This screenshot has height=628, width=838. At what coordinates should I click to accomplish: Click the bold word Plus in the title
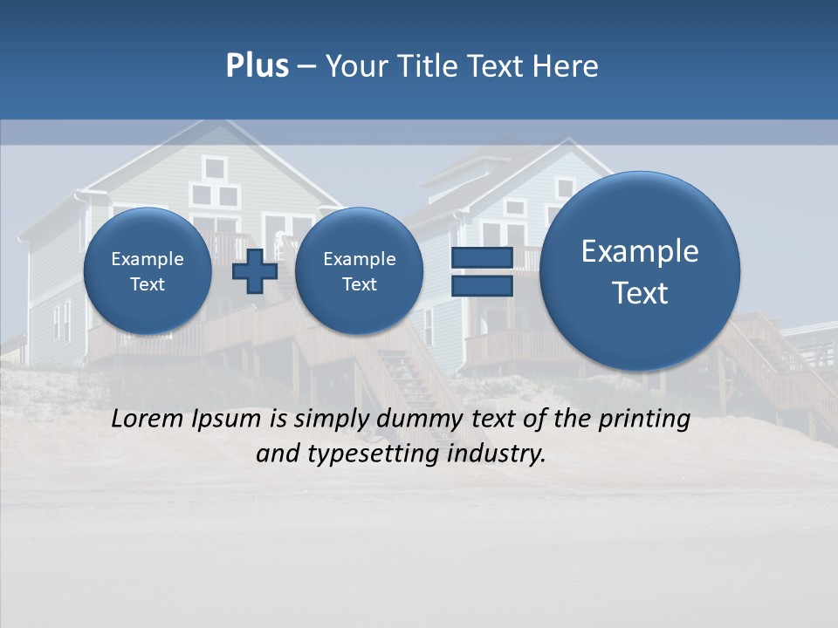pyautogui.click(x=257, y=66)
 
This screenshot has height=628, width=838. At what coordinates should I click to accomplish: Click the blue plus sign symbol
pyautogui.click(x=255, y=271)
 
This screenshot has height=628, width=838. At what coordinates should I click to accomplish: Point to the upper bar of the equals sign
pyautogui.click(x=481, y=257)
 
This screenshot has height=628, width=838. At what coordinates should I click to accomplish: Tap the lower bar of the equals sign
pyautogui.click(x=481, y=287)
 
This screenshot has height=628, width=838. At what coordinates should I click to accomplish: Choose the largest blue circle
pyautogui.click(x=640, y=271)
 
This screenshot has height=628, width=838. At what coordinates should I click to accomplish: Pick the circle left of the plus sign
pyautogui.click(x=148, y=271)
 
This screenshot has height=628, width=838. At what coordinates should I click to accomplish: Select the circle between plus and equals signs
pyautogui.click(x=359, y=271)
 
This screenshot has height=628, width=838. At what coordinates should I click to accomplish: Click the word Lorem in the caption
pyautogui.click(x=145, y=419)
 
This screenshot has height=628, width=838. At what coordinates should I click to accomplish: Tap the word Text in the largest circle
pyautogui.click(x=640, y=293)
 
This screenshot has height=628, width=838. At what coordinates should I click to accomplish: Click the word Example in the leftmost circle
pyautogui.click(x=148, y=259)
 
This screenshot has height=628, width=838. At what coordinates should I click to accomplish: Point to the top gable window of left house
pyautogui.click(x=213, y=167)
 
